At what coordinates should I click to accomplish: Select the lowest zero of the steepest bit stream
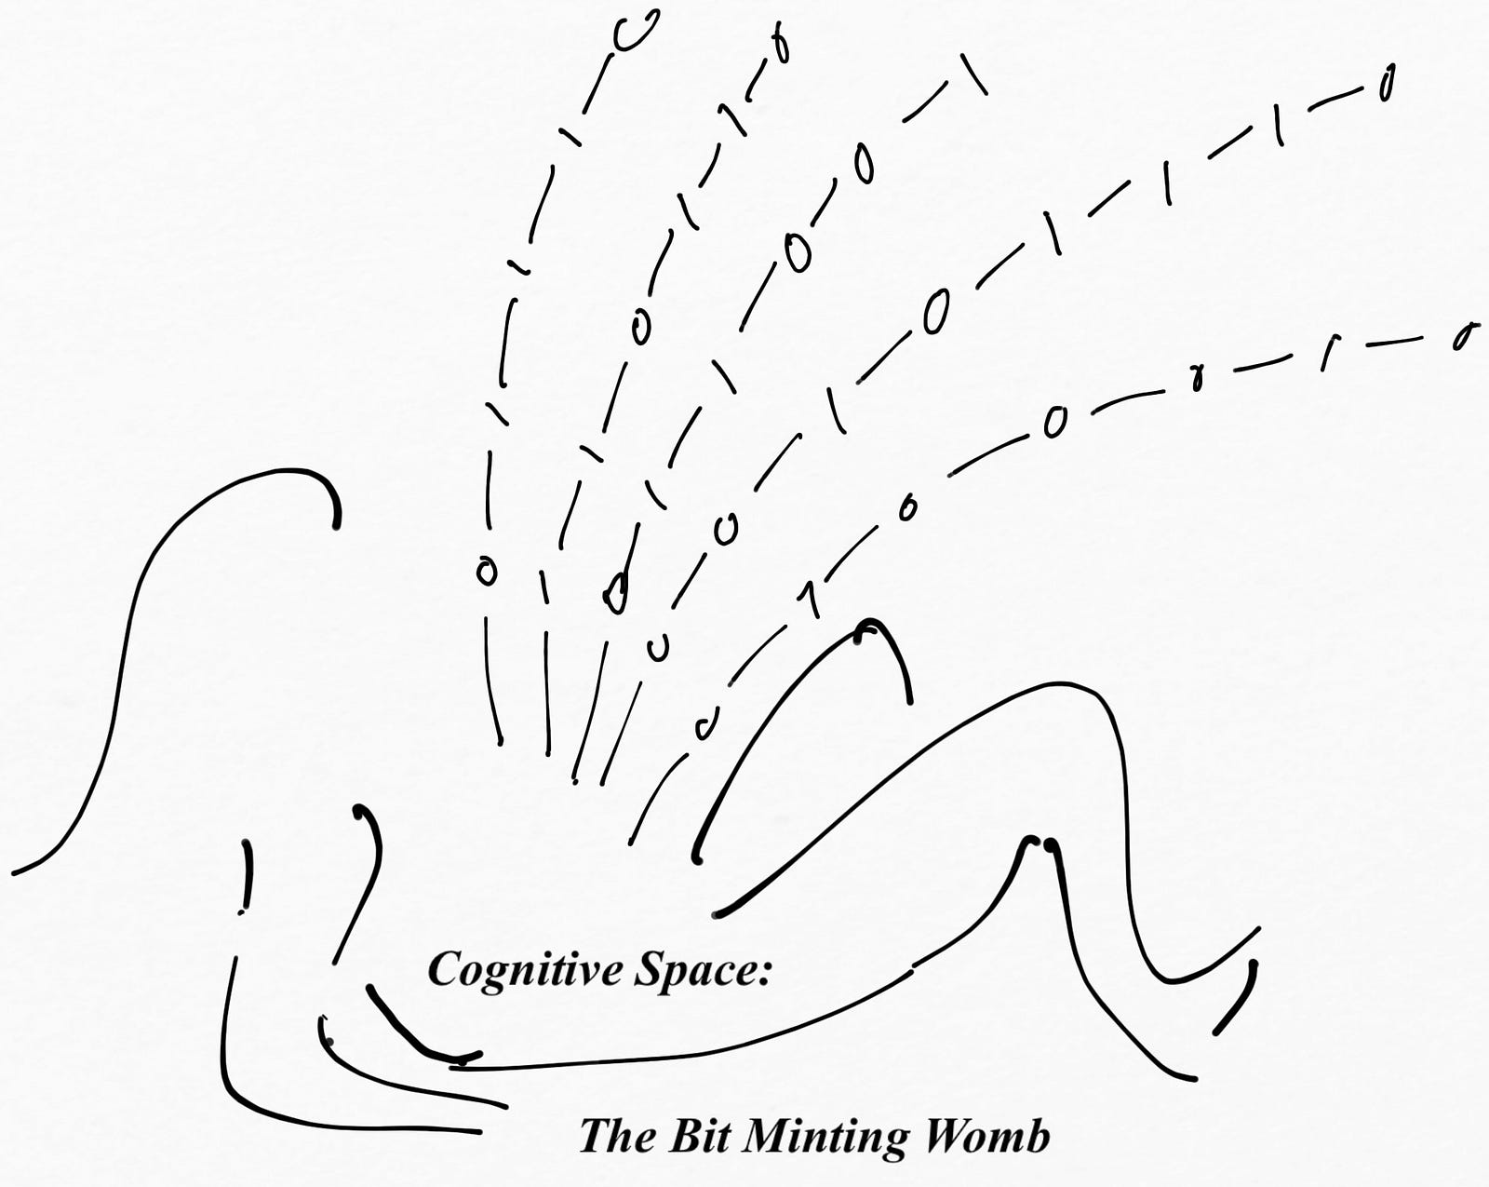point(485,570)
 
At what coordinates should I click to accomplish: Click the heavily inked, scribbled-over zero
point(615,592)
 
